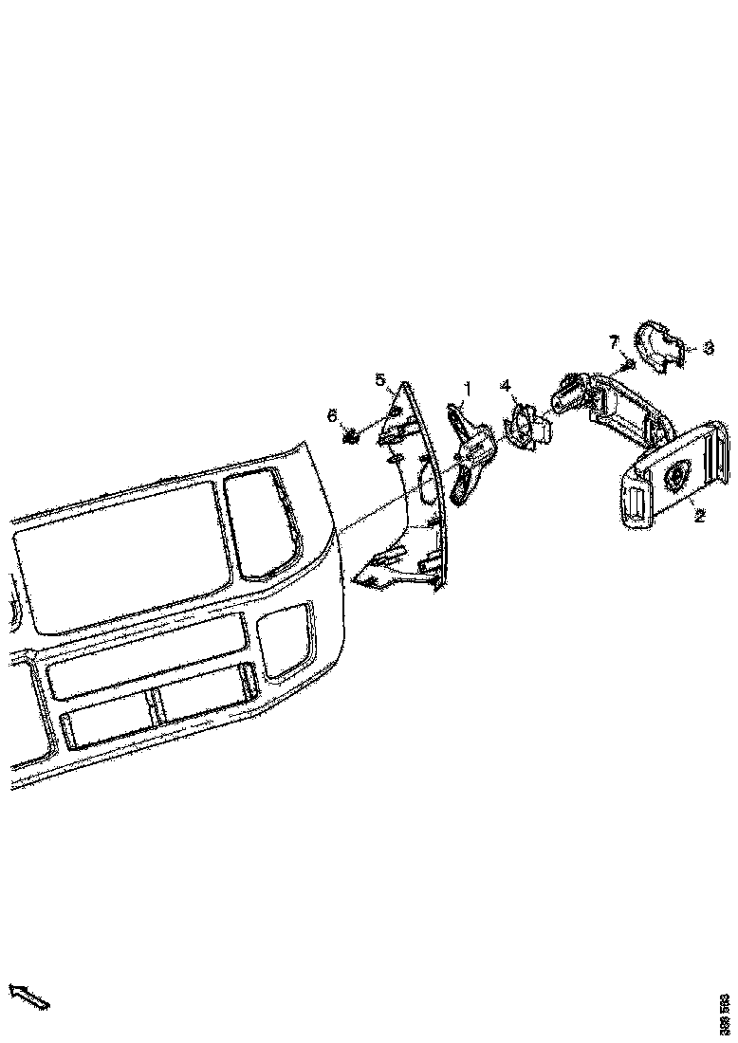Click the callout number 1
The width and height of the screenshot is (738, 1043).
[x=467, y=389]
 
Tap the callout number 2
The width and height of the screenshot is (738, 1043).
[x=699, y=516]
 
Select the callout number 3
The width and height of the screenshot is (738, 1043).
[x=708, y=348]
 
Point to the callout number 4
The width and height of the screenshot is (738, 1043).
[x=506, y=385]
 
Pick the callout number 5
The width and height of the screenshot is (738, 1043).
[x=380, y=380]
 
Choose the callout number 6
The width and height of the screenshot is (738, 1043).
[x=332, y=415]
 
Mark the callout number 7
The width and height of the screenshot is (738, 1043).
[x=614, y=340]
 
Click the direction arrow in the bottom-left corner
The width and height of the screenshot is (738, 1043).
[x=28, y=997]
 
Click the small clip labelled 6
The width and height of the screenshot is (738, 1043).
[x=352, y=435]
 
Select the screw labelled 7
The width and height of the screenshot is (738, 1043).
[x=627, y=363]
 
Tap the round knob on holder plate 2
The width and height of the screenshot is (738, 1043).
[x=678, y=475]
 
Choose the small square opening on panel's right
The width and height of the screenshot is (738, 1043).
[x=286, y=640]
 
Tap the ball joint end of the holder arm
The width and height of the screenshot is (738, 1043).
[x=568, y=391]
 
